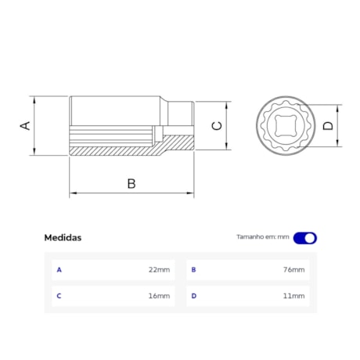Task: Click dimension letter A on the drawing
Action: tap(25, 125)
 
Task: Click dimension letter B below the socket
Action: tap(131, 184)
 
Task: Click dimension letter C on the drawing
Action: tap(218, 125)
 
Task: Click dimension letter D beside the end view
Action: tap(328, 125)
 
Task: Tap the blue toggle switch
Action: tap(305, 238)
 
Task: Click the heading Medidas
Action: tap(63, 238)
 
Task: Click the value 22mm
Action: tap(159, 270)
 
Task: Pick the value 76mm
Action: tap(293, 270)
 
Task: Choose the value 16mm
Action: tap(159, 296)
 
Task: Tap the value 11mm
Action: tap(293, 296)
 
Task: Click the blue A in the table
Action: tap(59, 270)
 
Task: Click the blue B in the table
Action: tap(193, 270)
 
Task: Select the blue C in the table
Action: tap(59, 296)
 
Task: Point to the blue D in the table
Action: tap(193, 296)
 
